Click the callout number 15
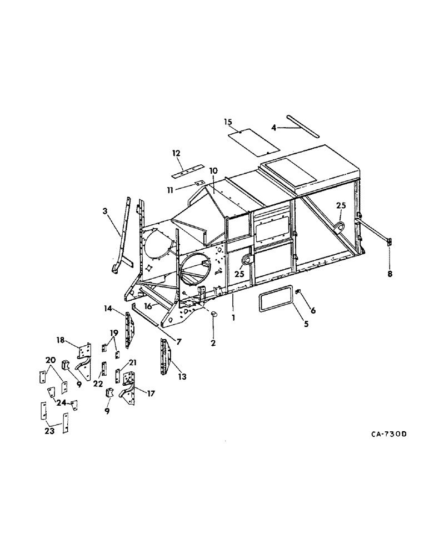(228, 122)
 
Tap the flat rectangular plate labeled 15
(254, 142)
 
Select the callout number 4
(273, 128)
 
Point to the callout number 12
(177, 153)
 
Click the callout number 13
(181, 377)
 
